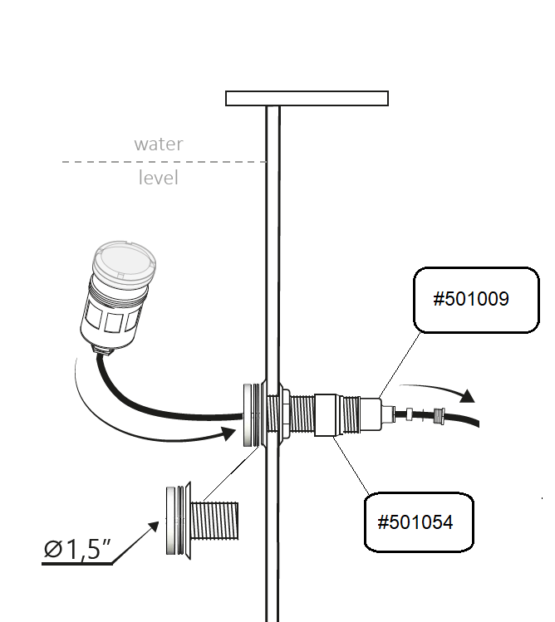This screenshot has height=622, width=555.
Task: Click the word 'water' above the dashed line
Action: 158,144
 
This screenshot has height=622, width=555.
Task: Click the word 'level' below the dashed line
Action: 158,178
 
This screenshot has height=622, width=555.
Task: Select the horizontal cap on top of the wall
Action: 307,99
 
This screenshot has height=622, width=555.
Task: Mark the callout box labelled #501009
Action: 470,300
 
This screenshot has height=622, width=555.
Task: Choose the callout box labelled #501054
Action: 417,522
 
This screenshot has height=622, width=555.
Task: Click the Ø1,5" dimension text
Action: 80,549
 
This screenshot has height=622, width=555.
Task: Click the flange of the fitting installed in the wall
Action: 248,415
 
